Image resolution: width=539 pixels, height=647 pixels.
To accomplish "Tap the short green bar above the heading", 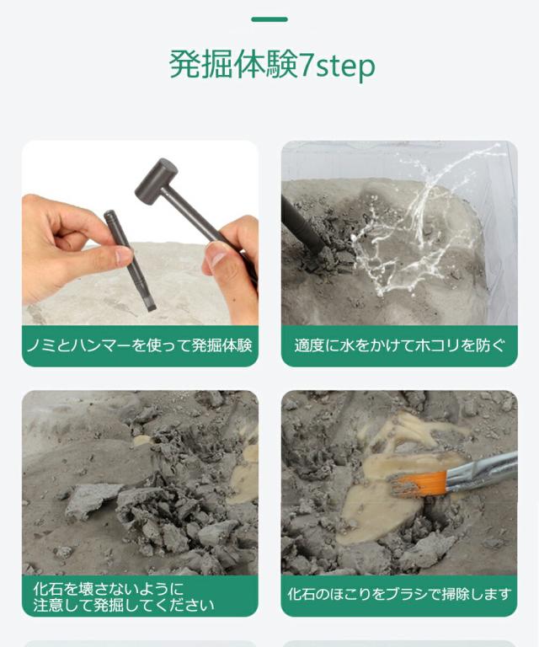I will pyautogui.click(x=269, y=19).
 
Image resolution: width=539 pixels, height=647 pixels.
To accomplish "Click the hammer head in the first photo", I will pyautogui.click(x=157, y=180).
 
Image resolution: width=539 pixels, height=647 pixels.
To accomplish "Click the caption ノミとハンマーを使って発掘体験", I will pyautogui.click(x=140, y=345).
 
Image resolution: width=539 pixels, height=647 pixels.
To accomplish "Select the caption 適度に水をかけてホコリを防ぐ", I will pyautogui.click(x=399, y=345).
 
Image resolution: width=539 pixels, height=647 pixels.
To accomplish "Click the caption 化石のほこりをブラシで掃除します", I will pyautogui.click(x=399, y=595).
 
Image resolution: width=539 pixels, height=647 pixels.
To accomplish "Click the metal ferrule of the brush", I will pyautogui.click(x=459, y=476).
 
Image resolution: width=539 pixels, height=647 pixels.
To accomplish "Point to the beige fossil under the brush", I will pyautogui.click(x=379, y=505).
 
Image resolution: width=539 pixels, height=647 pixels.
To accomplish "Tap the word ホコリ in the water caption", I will pyautogui.click(x=443, y=345).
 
